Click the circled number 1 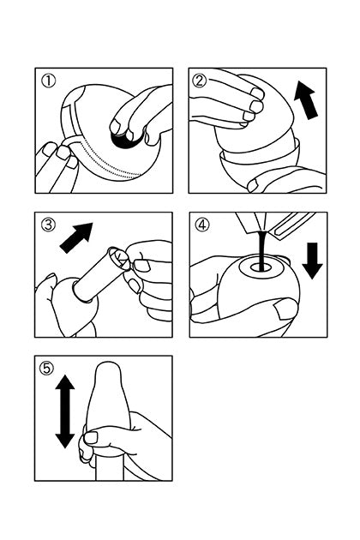[49, 81]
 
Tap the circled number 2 [201, 81]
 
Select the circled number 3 [48, 225]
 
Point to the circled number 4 [202, 225]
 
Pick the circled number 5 [47, 369]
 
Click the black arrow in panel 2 [306, 100]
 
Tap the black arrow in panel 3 [76, 237]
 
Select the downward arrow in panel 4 [312, 261]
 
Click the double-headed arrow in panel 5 [65, 411]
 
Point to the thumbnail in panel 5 [92, 437]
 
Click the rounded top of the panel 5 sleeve [109, 370]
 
